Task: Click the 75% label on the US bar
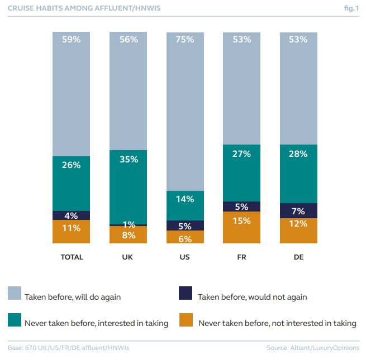(185, 40)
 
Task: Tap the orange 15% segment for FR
(242, 227)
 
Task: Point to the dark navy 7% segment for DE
(298, 210)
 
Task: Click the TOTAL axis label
(72, 257)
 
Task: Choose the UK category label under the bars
(128, 257)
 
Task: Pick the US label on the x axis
(185, 257)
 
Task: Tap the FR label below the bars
(241, 257)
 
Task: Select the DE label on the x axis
(298, 257)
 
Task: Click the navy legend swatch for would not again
(186, 294)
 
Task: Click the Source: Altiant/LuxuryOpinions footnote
(313, 348)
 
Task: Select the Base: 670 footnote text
(68, 348)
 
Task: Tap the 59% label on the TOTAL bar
(72, 40)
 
